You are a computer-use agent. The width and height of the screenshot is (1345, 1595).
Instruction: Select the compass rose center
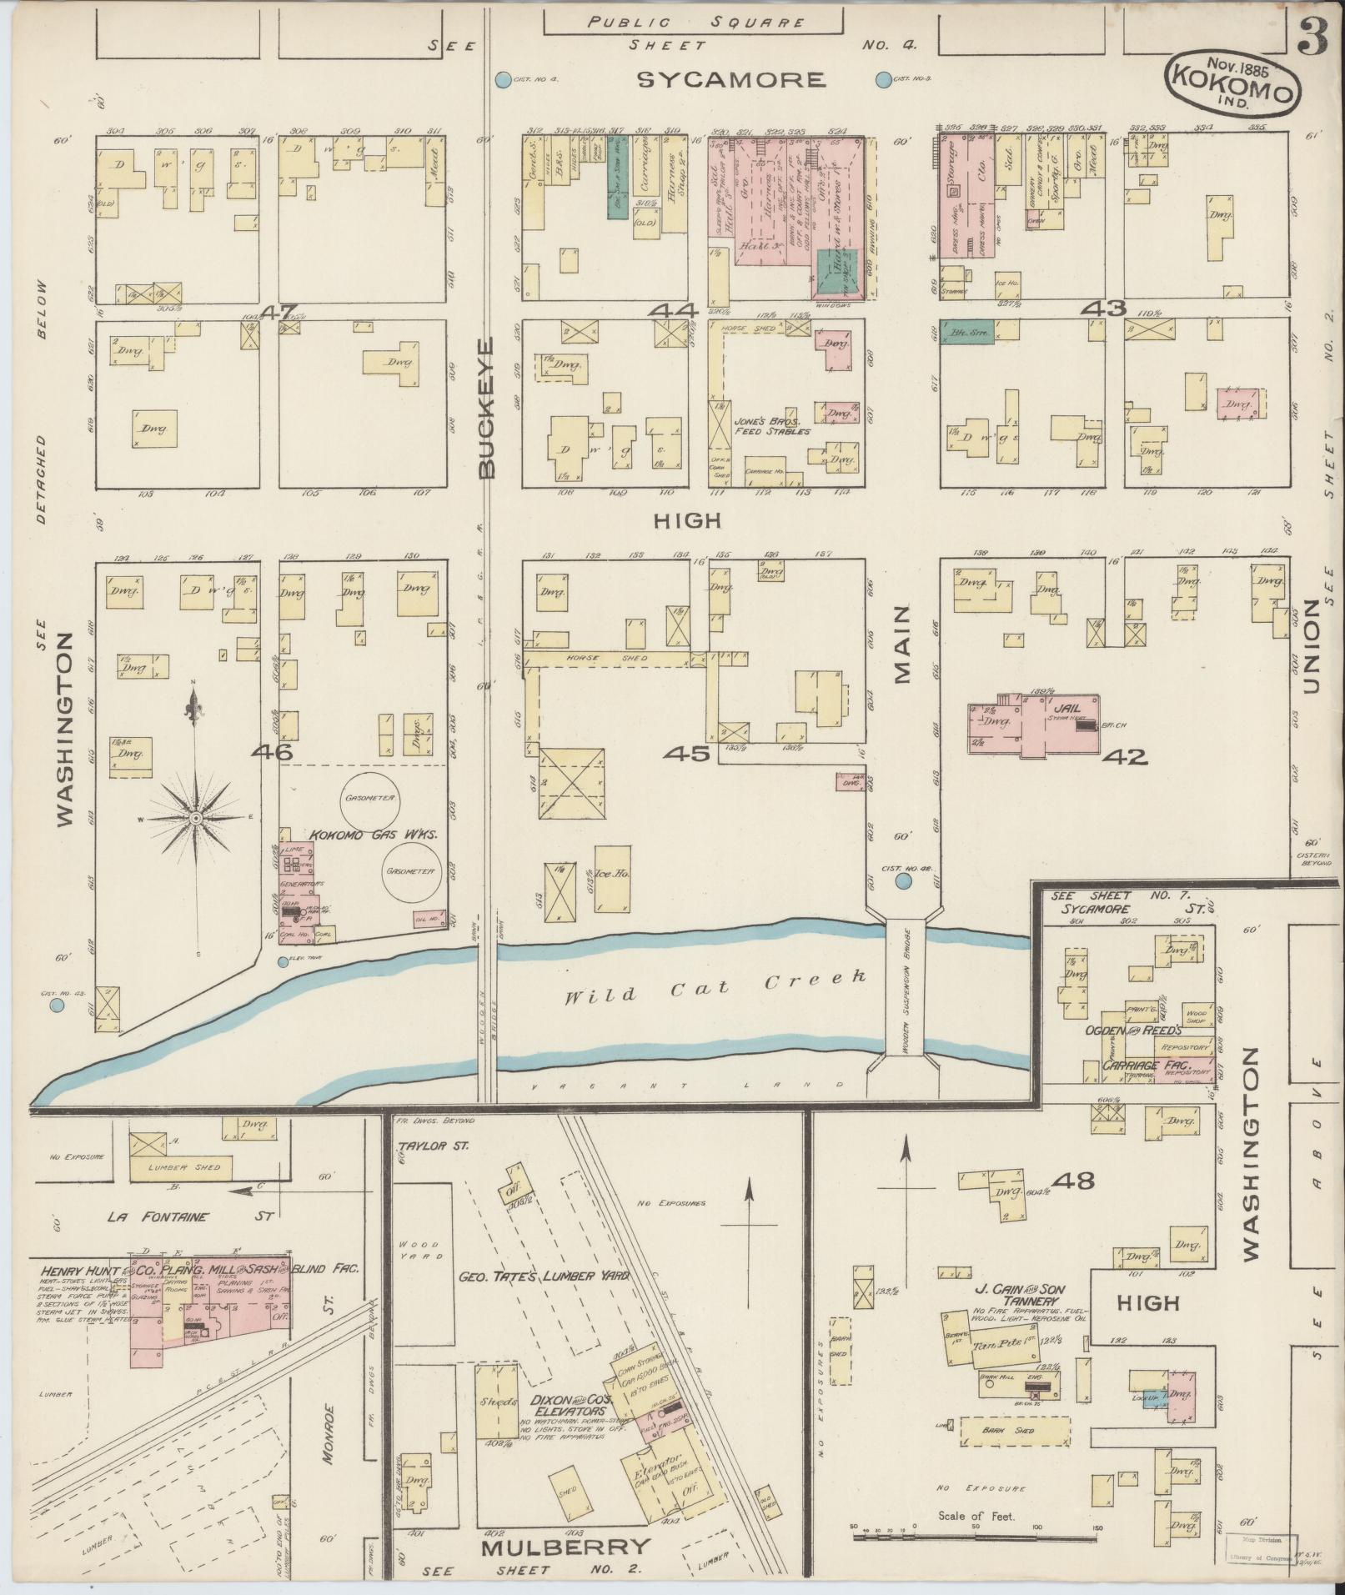[195, 819]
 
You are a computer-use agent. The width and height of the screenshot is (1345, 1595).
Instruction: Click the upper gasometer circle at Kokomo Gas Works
[368, 798]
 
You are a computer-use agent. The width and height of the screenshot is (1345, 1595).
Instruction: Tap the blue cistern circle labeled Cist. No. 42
[903, 880]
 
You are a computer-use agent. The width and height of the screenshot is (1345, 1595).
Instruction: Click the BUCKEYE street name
[488, 408]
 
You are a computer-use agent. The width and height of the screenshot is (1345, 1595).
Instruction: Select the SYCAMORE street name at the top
[731, 80]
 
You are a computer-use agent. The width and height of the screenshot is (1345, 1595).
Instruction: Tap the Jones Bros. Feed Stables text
[771, 426]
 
